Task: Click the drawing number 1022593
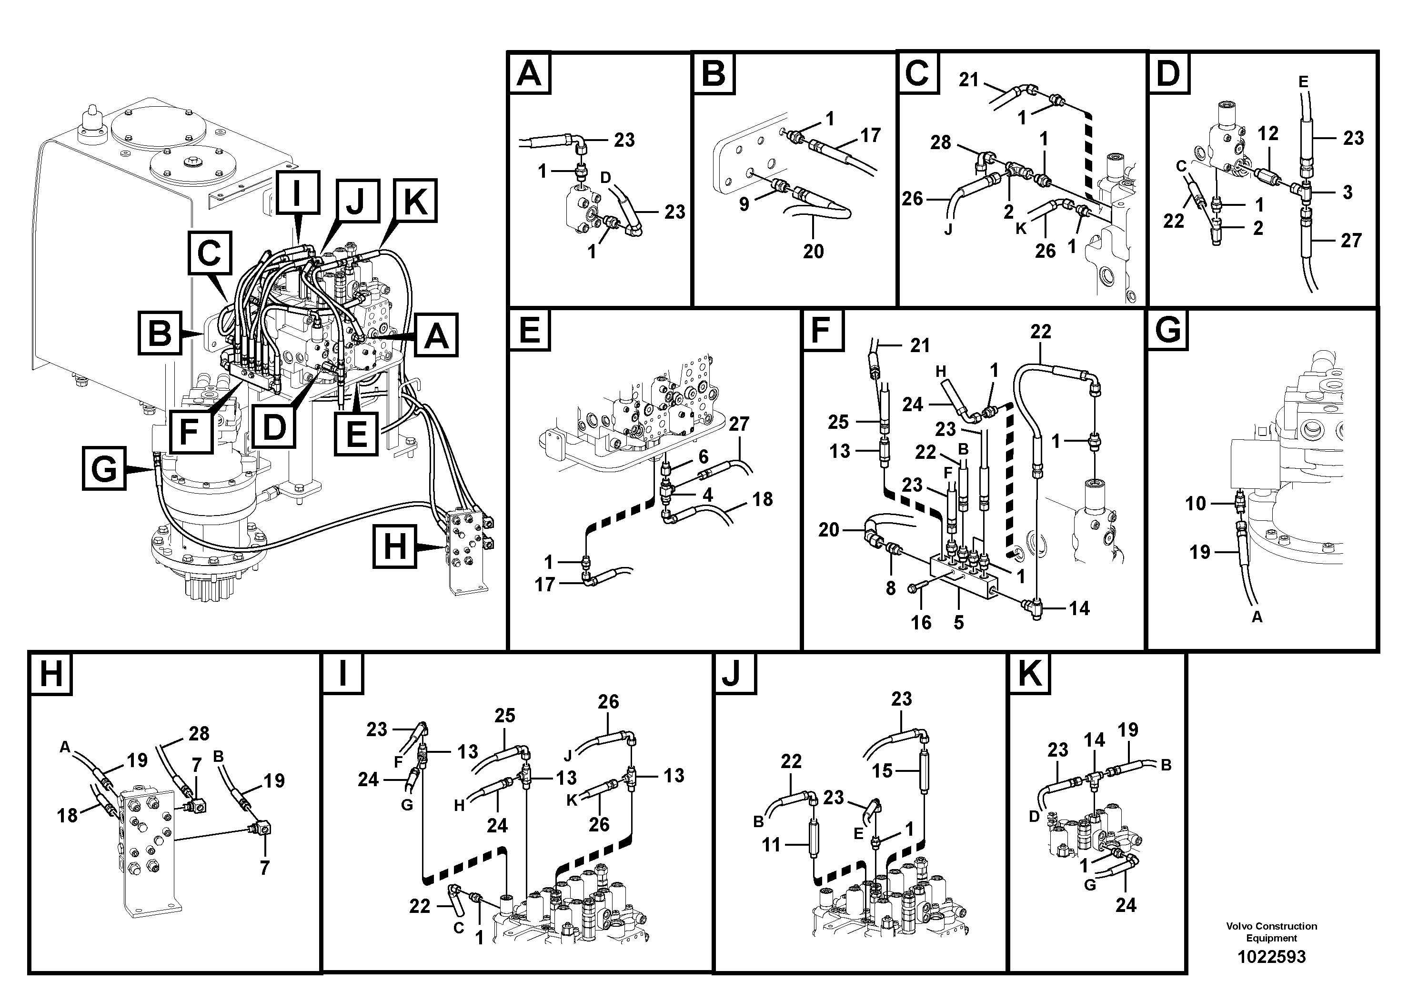point(1271,957)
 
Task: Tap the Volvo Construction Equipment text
point(1271,931)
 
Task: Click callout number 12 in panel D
point(1268,133)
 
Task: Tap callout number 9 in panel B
point(744,204)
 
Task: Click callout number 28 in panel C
point(941,143)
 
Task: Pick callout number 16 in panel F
point(921,622)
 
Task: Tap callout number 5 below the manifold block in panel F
point(958,622)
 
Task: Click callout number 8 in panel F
point(890,588)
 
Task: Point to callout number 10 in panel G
point(1196,504)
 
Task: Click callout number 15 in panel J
point(883,770)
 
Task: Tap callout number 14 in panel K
point(1095,739)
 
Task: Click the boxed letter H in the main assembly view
point(395,546)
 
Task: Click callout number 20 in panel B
point(814,252)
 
